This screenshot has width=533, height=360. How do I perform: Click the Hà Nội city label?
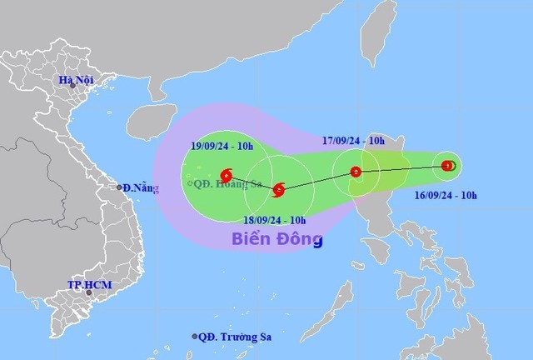click(x=73, y=80)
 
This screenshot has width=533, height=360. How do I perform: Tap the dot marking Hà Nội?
click(x=72, y=87)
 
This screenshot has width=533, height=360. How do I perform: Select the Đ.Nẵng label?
click(x=137, y=187)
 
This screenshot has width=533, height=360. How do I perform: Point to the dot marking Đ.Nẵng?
click(x=120, y=187)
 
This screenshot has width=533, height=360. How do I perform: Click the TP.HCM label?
click(x=88, y=286)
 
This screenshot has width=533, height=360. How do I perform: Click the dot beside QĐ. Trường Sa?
click(x=196, y=337)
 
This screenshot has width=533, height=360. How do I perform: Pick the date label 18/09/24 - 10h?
click(x=274, y=220)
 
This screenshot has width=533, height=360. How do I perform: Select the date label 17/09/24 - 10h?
click(x=354, y=142)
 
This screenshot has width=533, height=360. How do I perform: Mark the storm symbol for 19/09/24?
click(x=227, y=175)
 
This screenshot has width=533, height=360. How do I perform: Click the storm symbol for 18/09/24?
click(x=278, y=191)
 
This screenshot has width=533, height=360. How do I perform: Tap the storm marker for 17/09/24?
click(x=356, y=172)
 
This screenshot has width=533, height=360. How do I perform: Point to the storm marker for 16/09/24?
click(x=447, y=166)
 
